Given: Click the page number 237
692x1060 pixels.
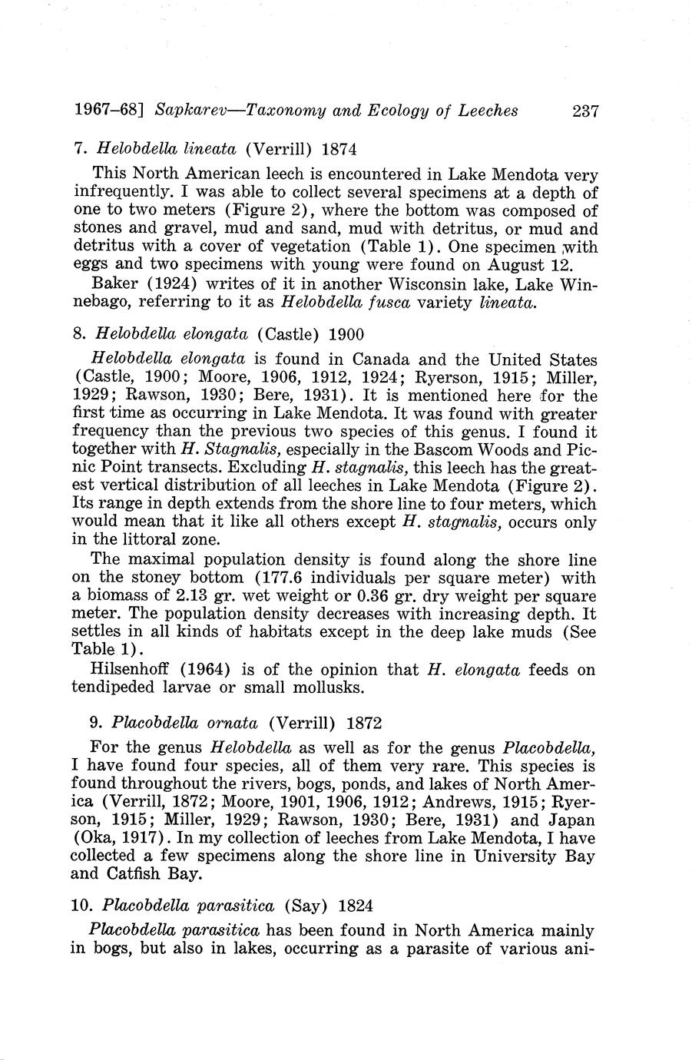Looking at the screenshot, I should pos(584,111).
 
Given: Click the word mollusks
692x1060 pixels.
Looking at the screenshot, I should pos(328,687).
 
